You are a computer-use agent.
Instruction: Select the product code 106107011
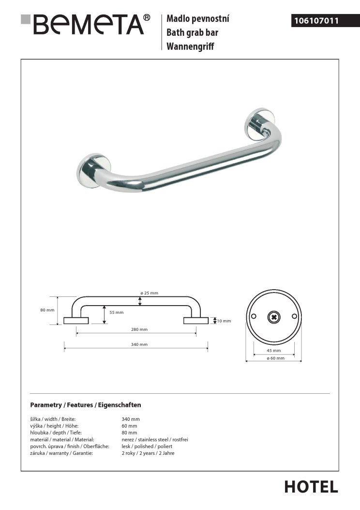coord(315,21)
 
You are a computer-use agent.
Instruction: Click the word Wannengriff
coord(190,47)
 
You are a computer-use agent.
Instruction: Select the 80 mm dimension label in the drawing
coord(47,310)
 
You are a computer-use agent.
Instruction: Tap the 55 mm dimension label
coord(116,312)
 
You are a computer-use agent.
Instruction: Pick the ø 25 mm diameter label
coord(149,293)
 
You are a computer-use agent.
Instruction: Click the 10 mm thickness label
coord(224,321)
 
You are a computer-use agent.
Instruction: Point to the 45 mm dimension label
coord(273,350)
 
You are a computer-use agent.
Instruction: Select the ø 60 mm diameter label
coord(273,358)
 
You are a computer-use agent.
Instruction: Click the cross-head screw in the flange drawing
coord(273,317)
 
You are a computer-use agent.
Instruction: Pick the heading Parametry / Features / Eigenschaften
coord(86,405)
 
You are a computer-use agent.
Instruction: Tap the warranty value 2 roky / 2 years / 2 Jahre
coord(148,453)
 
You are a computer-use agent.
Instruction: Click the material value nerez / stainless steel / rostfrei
coord(155,439)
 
